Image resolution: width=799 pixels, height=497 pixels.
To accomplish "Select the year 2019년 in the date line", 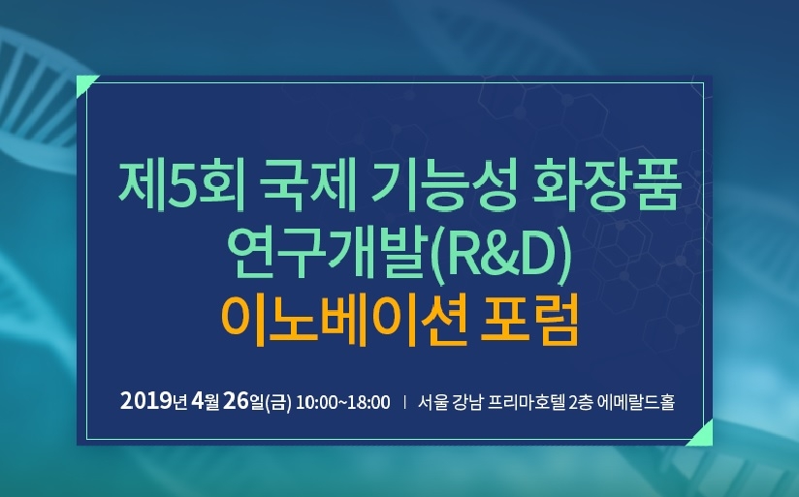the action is click(x=154, y=401).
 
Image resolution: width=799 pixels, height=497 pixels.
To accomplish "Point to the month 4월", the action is click(x=206, y=401).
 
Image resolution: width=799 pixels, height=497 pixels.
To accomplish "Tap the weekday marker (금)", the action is click(x=277, y=402).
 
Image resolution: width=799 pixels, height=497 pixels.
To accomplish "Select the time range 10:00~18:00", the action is click(x=343, y=402).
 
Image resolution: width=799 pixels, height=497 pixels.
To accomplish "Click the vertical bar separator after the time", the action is click(x=404, y=402).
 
